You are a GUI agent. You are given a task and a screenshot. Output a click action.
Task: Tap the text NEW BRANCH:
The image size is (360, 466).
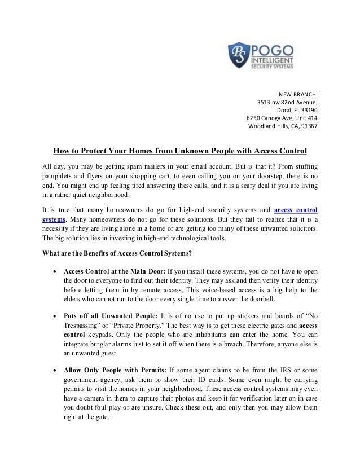click(x=298, y=94)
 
